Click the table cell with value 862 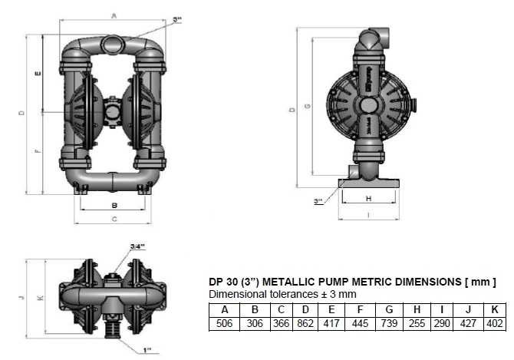click(x=305, y=325)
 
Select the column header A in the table click(x=225, y=311)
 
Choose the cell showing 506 click(x=225, y=325)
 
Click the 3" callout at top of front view click(x=177, y=20)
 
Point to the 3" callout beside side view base click(x=318, y=201)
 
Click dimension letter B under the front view click(x=114, y=205)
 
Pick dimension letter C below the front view click(x=114, y=220)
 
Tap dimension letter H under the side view click(x=368, y=199)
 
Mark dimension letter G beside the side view click(x=307, y=107)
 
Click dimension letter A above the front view click(x=113, y=15)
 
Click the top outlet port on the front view click(x=114, y=39)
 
